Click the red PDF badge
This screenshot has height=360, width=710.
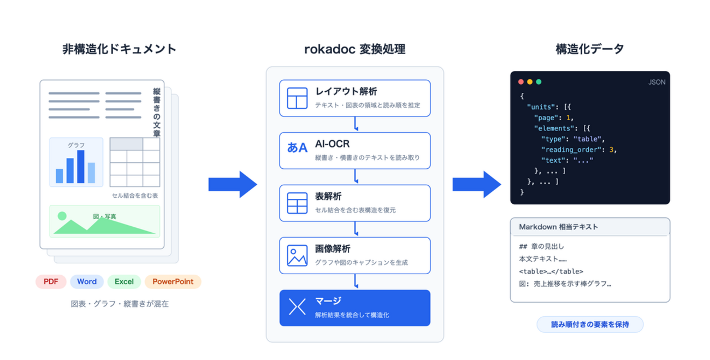click(51, 281)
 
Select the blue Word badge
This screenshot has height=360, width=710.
click(87, 281)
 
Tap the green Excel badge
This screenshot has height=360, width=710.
click(124, 281)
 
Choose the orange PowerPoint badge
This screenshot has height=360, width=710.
click(173, 281)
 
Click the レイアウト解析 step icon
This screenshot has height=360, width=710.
click(297, 98)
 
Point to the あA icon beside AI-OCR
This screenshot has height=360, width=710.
click(297, 147)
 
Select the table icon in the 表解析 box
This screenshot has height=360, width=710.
click(297, 203)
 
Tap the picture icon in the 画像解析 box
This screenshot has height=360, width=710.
click(297, 256)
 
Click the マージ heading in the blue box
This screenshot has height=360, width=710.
click(328, 300)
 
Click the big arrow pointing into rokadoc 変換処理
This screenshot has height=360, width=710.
click(233, 185)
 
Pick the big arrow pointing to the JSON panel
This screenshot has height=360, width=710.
click(477, 185)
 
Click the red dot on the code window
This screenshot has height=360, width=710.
click(521, 82)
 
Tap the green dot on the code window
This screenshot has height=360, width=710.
click(539, 82)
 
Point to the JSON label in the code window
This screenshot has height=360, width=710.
click(656, 82)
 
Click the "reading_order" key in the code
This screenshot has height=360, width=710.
click(571, 150)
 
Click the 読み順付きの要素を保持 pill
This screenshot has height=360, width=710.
click(590, 324)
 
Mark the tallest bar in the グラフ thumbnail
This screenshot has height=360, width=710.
click(81, 167)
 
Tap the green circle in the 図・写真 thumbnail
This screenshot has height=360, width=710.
click(62, 216)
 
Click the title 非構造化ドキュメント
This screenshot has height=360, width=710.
click(120, 49)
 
